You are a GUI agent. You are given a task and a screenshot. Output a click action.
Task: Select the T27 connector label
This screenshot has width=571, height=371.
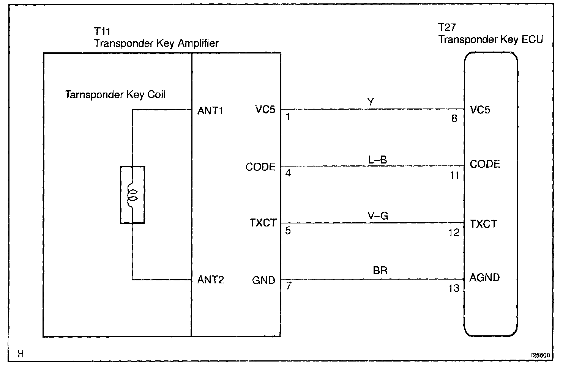pyautogui.click(x=446, y=27)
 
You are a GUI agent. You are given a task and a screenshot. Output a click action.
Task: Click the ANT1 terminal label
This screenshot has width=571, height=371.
pyautogui.click(x=210, y=111)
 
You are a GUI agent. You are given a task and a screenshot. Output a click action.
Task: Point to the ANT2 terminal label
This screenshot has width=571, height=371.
pyautogui.click(x=210, y=280)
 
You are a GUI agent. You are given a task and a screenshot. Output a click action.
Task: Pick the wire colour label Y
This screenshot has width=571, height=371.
pyautogui.click(x=371, y=102)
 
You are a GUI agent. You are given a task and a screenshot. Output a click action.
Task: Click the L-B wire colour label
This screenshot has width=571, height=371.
pyautogui.click(x=377, y=160)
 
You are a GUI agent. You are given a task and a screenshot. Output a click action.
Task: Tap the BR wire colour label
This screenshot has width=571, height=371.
pyautogui.click(x=380, y=271)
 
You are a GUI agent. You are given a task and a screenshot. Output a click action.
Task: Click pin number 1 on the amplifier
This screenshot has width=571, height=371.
pyautogui.click(x=288, y=117)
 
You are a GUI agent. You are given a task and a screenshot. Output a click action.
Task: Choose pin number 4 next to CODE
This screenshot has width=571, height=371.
pyautogui.click(x=288, y=173)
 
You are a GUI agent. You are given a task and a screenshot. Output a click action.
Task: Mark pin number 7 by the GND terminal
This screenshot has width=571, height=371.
pyautogui.click(x=289, y=286)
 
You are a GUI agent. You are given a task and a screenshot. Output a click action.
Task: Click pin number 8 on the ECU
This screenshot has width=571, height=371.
pyautogui.click(x=454, y=119)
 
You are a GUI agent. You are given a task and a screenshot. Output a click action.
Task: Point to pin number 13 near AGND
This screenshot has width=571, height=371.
pyautogui.click(x=454, y=288)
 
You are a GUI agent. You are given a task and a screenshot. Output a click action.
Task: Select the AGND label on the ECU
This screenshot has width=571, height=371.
pyautogui.click(x=484, y=278)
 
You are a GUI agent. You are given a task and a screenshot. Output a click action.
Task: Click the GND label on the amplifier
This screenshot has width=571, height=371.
pyautogui.click(x=263, y=280)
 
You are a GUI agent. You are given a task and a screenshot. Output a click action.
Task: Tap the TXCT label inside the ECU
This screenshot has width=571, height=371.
pyautogui.click(x=483, y=224)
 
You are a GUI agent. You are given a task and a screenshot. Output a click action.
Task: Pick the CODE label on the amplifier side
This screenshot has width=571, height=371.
pyautogui.click(x=260, y=167)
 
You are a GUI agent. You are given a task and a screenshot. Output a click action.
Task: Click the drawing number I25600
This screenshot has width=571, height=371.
pyautogui.click(x=540, y=356)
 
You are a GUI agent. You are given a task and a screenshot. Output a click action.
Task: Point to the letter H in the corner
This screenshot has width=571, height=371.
pyautogui.click(x=21, y=354)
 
